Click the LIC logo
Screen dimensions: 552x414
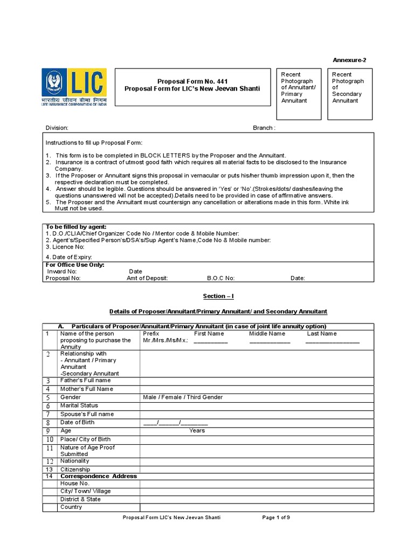tap(74, 86)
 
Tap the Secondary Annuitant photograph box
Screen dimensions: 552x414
tap(351, 94)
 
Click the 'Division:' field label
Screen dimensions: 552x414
tap(57, 128)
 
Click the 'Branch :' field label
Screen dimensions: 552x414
tap(264, 128)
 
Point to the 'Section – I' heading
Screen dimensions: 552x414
tap(218, 296)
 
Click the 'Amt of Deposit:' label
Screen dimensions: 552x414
tap(147, 278)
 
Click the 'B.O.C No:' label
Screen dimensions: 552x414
tap(221, 278)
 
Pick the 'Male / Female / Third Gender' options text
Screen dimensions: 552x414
tap(183, 397)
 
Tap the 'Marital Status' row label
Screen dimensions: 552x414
tap(79, 405)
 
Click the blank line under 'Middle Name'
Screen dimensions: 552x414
tap(270, 341)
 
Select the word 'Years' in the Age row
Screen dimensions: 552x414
tap(197, 431)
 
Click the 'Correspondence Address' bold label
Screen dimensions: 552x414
tap(99, 477)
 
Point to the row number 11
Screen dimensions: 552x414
tap(50, 448)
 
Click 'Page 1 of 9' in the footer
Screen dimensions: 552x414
tap(276, 517)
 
